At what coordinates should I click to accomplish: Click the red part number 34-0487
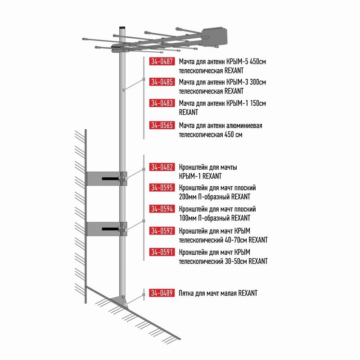click(x=162, y=61)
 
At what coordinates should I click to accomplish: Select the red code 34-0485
click(x=162, y=82)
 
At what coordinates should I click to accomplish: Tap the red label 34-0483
click(x=162, y=103)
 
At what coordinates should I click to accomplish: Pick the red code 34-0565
click(x=162, y=125)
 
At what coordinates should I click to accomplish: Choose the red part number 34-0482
click(x=162, y=167)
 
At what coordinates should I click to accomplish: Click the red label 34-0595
click(x=162, y=188)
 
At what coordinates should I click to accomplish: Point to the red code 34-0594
click(x=162, y=209)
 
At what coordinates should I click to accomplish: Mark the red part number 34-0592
click(x=162, y=231)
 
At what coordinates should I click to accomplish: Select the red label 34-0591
click(x=162, y=252)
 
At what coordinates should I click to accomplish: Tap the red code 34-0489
click(x=162, y=293)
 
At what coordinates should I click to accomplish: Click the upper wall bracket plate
click(x=103, y=178)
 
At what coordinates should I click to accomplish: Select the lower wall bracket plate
click(x=103, y=229)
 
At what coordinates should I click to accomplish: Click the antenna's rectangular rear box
click(x=215, y=37)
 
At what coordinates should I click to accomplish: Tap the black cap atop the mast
click(x=122, y=27)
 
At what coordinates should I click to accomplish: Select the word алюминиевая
click(x=244, y=126)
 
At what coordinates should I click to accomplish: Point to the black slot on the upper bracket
click(x=110, y=178)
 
